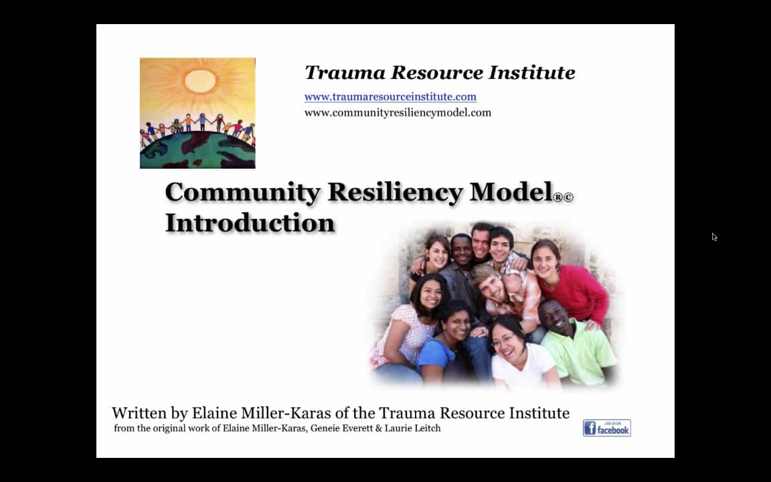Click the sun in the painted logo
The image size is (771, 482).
(x=200, y=80)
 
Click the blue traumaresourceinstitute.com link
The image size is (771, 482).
(x=390, y=96)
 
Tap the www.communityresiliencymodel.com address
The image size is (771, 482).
(x=398, y=112)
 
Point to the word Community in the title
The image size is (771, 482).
(x=242, y=192)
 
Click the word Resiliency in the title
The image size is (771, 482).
(x=395, y=192)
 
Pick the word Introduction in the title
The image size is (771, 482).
(x=250, y=222)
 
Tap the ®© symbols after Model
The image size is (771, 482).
(x=563, y=197)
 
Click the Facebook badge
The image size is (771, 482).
(x=606, y=428)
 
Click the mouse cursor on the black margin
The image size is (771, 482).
(x=714, y=236)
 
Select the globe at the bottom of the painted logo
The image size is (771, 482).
(x=197, y=151)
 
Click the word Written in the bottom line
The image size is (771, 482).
(x=139, y=413)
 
